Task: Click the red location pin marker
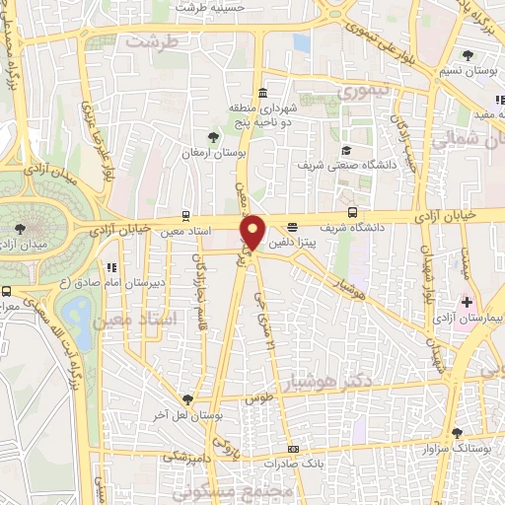(x=252, y=232)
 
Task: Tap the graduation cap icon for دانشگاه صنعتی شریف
(x=346, y=150)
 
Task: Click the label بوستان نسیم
(x=468, y=73)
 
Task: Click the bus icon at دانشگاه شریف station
(x=353, y=211)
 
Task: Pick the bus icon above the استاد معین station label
(x=186, y=216)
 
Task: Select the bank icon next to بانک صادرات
(x=292, y=450)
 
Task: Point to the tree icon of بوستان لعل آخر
(x=187, y=399)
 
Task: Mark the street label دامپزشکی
(x=183, y=457)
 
